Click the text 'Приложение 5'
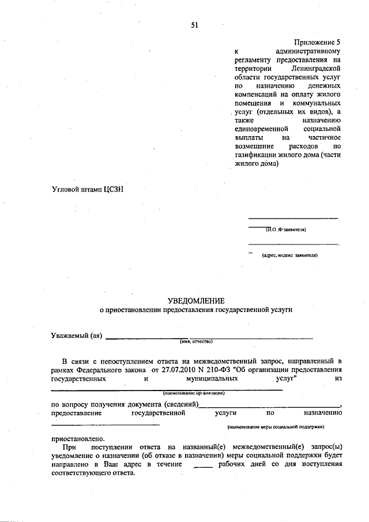tap(318, 43)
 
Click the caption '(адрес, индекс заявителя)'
tap(289, 254)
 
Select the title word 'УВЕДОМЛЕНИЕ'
tap(196, 301)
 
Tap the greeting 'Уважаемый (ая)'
tap(77, 337)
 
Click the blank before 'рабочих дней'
tap(204, 464)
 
